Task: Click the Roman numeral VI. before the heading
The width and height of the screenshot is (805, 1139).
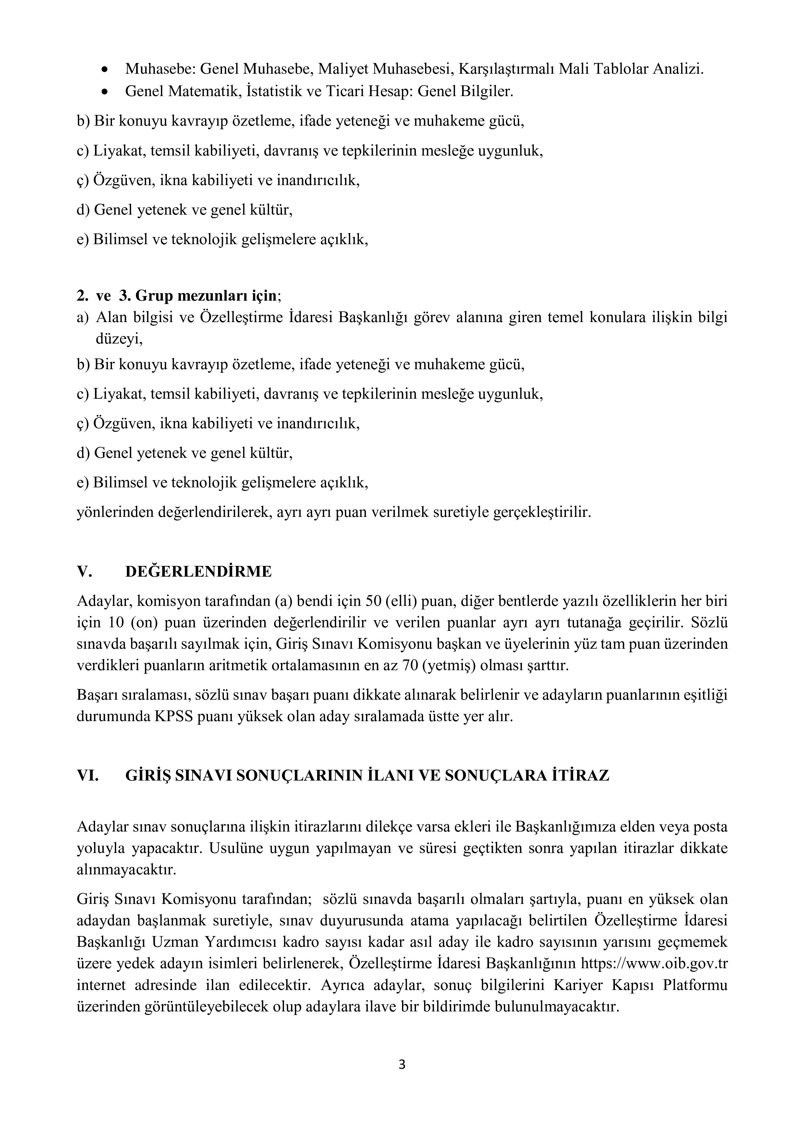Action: click(88, 775)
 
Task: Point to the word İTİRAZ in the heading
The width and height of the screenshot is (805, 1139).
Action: click(580, 775)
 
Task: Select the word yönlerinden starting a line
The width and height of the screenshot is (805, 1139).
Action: click(115, 512)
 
